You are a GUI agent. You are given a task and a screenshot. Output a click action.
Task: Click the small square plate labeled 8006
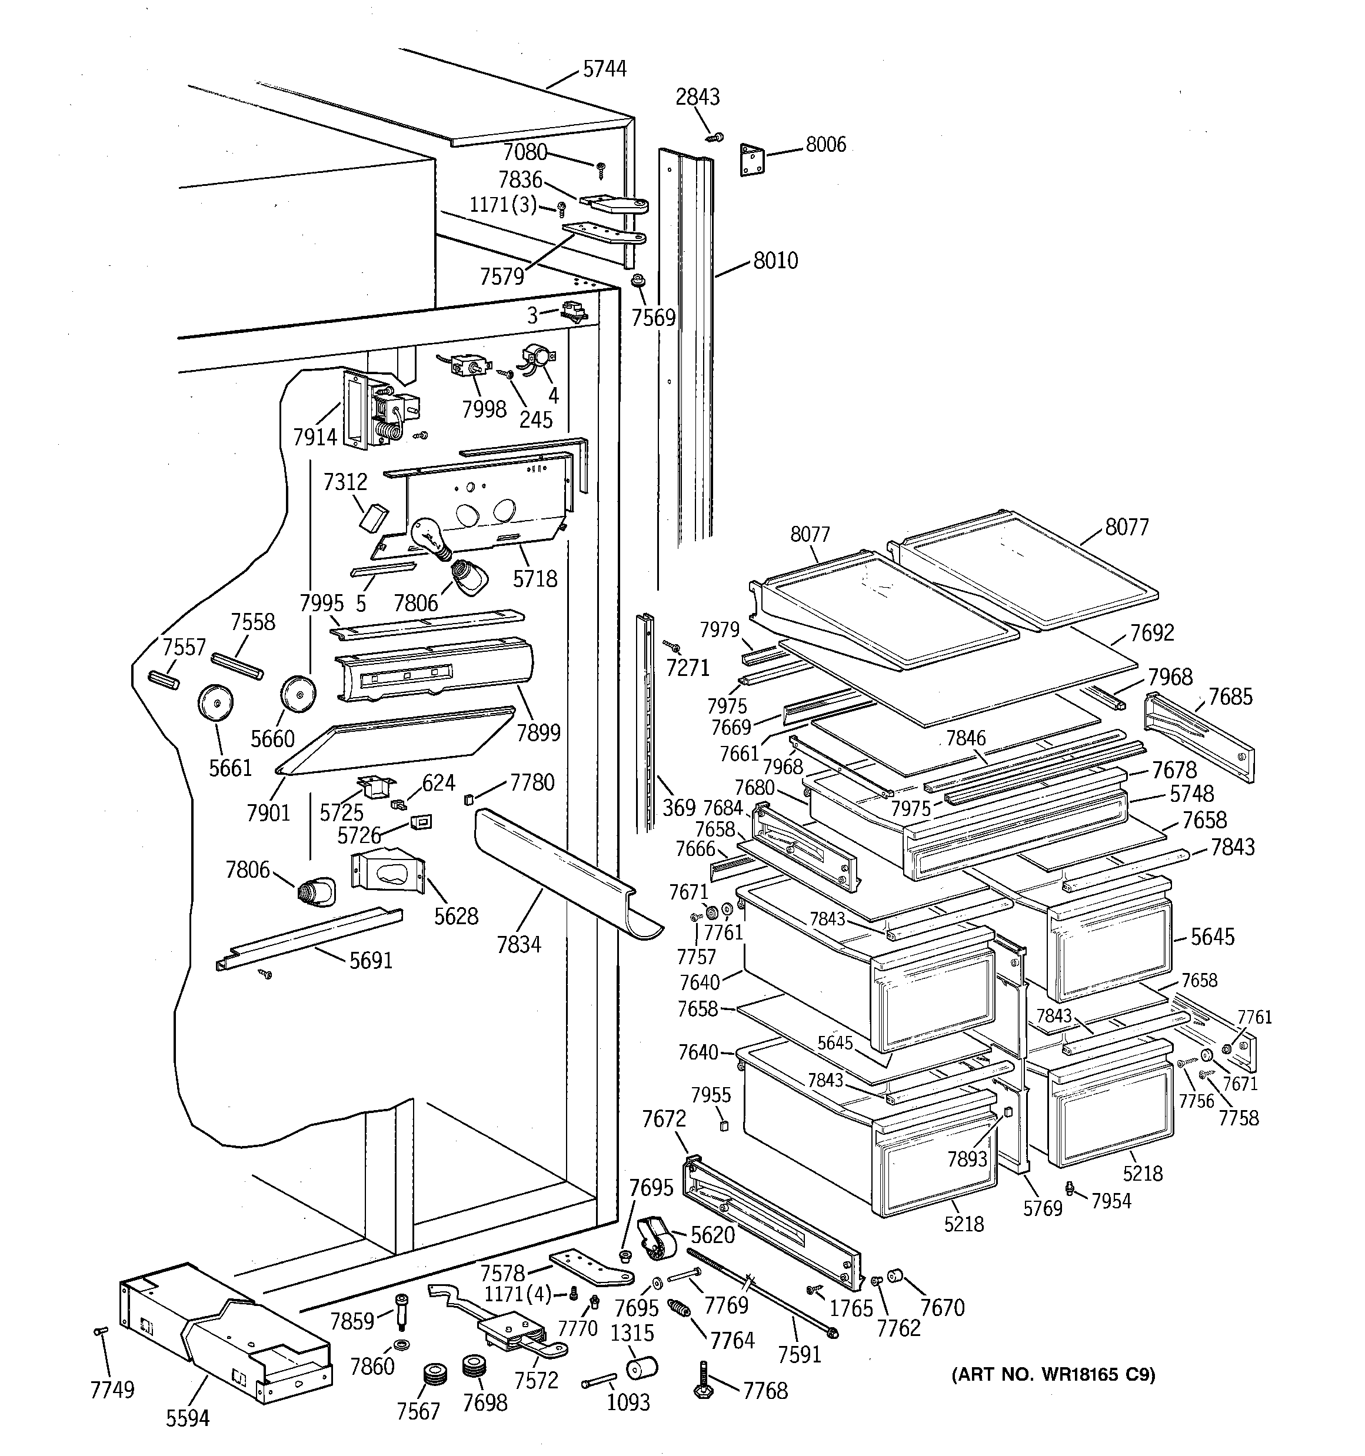(753, 159)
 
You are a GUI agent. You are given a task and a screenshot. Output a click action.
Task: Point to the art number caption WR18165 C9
(1053, 1375)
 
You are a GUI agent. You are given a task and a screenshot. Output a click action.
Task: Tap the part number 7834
(519, 945)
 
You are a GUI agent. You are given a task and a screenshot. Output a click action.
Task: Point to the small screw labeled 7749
(101, 1331)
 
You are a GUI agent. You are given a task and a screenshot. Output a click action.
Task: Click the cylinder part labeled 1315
(642, 1367)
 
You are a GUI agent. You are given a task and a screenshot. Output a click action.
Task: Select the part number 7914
(315, 437)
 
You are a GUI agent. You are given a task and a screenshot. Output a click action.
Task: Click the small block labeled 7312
(374, 517)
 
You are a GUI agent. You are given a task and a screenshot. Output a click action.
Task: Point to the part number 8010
(776, 261)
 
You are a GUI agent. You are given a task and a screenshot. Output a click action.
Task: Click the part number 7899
(538, 732)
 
